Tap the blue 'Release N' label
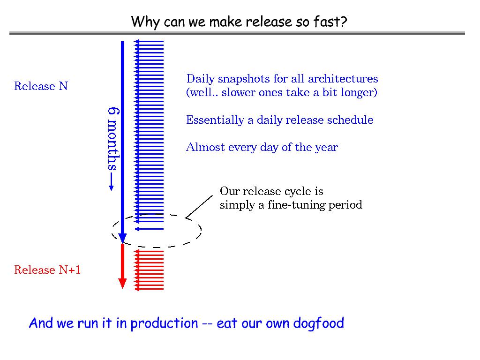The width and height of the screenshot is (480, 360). (41, 86)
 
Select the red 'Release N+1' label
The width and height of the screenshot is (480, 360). (47, 270)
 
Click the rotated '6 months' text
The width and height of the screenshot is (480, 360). (112, 138)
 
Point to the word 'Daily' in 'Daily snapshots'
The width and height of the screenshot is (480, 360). (201, 79)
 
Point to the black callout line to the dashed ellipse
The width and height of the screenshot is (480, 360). (200, 207)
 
